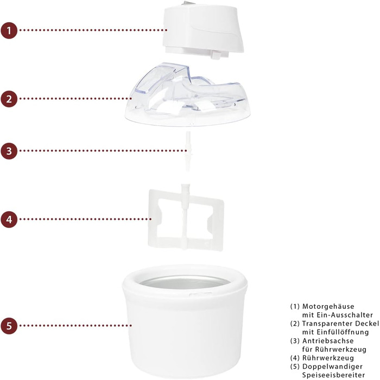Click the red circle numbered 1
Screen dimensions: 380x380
click(x=9, y=30)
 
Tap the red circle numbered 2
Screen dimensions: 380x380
click(x=9, y=99)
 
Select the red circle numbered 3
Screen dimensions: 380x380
click(x=9, y=151)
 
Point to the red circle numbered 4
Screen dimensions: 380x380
click(x=9, y=219)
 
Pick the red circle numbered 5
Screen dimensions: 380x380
click(x=9, y=326)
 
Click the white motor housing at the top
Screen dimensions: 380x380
click(x=203, y=31)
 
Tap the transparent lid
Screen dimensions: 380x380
click(x=188, y=97)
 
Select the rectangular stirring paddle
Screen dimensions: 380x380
click(x=186, y=218)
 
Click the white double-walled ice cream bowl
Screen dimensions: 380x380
click(x=185, y=322)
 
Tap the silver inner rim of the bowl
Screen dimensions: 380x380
click(x=185, y=282)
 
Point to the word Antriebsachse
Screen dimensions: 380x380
click(x=328, y=341)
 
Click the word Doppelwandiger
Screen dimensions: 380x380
click(x=332, y=366)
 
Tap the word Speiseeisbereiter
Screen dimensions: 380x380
click(x=333, y=375)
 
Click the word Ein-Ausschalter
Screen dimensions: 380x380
click(x=345, y=315)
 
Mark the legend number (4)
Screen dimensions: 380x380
click(x=295, y=358)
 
